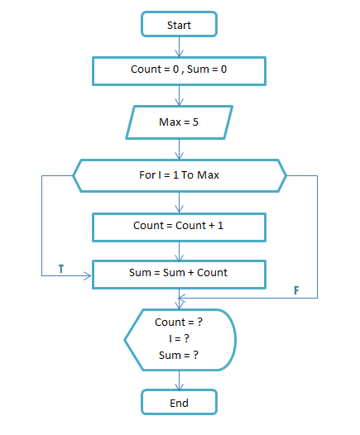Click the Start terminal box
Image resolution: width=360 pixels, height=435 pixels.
(x=179, y=25)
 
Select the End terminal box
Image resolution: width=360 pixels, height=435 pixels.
(x=179, y=403)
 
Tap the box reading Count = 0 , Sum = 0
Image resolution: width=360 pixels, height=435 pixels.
(x=179, y=70)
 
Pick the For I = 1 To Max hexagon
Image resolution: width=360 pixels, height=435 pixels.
(x=179, y=175)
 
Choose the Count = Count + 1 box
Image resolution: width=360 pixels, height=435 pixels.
(x=179, y=225)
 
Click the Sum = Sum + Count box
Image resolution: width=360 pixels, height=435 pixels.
(x=179, y=271)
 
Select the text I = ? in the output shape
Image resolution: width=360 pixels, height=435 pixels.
(x=179, y=339)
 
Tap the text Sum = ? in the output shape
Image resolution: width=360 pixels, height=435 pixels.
(x=179, y=356)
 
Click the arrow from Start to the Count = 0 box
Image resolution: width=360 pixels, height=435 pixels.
(x=179, y=46)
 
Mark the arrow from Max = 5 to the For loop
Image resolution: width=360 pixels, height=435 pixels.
(x=179, y=150)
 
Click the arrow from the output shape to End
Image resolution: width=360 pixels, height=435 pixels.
(x=179, y=380)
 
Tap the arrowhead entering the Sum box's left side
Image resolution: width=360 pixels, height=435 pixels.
(x=89, y=277)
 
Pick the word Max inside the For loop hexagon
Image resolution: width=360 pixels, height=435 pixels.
(x=207, y=175)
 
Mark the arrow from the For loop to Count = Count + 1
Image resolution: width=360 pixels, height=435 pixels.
(x=179, y=201)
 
